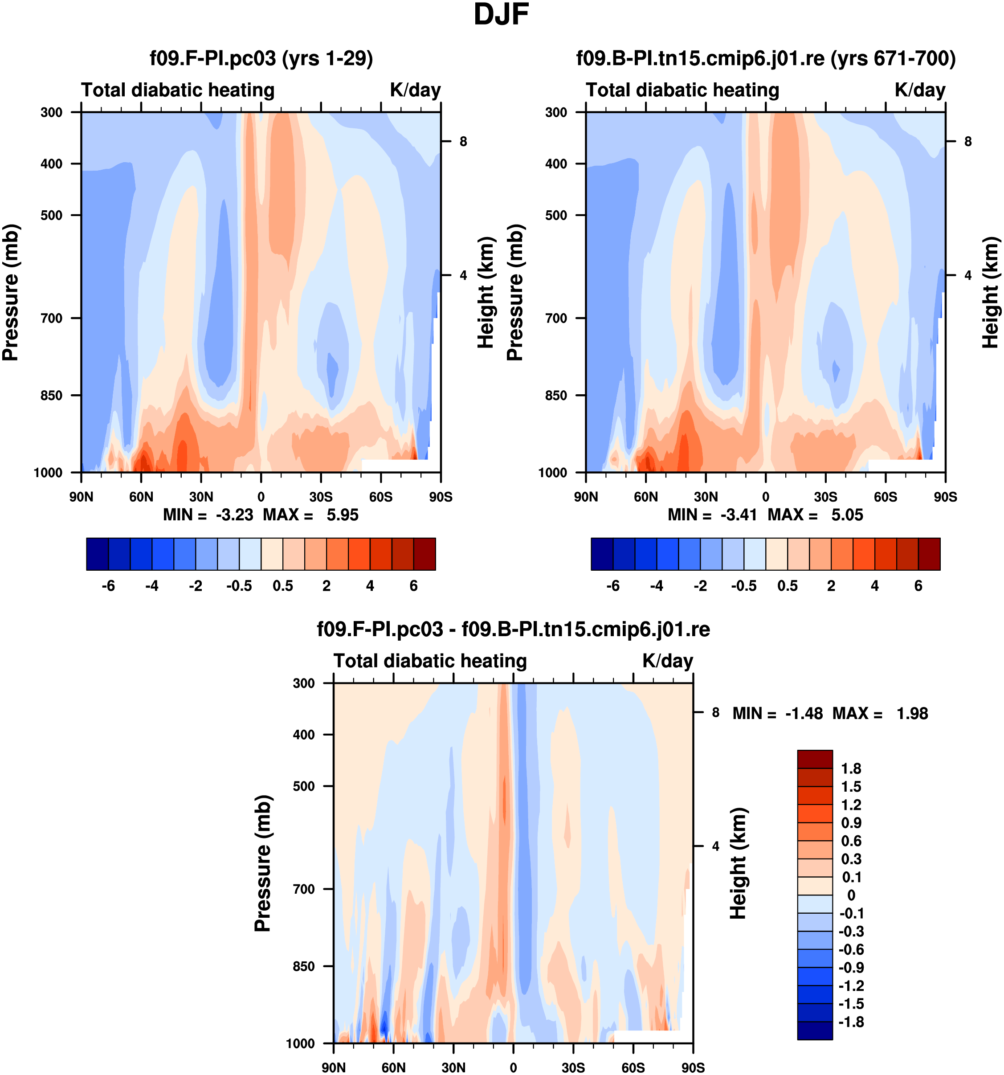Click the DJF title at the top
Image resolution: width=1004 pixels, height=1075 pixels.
pyautogui.click(x=501, y=15)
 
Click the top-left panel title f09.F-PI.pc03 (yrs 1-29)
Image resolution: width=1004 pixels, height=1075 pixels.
pyautogui.click(x=261, y=58)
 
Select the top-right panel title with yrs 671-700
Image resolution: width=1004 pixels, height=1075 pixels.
pyautogui.click(x=766, y=58)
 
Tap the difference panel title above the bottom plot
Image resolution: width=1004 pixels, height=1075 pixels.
pyautogui.click(x=513, y=629)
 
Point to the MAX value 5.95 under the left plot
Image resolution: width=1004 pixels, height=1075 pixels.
pyautogui.click(x=342, y=515)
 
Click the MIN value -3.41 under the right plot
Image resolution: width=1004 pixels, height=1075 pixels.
pyautogui.click(x=739, y=515)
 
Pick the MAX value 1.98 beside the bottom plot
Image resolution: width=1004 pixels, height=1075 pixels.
pyautogui.click(x=912, y=713)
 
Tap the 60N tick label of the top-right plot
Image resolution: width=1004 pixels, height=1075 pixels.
pyautogui.click(x=645, y=497)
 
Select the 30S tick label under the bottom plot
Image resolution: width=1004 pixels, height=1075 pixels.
pyautogui.click(x=573, y=1067)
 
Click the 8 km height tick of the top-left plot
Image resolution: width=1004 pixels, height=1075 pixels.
pyautogui.click(x=463, y=142)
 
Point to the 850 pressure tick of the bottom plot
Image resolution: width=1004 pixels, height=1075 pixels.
pyautogui.click(x=304, y=966)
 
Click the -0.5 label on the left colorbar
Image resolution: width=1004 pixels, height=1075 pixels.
pyautogui.click(x=239, y=586)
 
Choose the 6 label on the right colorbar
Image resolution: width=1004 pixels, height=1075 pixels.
pyautogui.click(x=918, y=586)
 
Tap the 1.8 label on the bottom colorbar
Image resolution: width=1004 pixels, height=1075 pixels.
pyautogui.click(x=851, y=768)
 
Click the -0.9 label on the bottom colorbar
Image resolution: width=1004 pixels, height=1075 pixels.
pyautogui.click(x=851, y=967)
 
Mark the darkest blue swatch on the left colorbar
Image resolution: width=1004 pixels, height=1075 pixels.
pyautogui.click(x=97, y=554)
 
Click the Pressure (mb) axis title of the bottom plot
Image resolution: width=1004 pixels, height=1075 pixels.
pyautogui.click(x=263, y=863)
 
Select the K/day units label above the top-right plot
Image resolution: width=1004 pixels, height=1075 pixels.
pyautogui.click(x=920, y=90)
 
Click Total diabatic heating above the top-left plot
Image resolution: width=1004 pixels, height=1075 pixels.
pyautogui.click(x=178, y=90)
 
